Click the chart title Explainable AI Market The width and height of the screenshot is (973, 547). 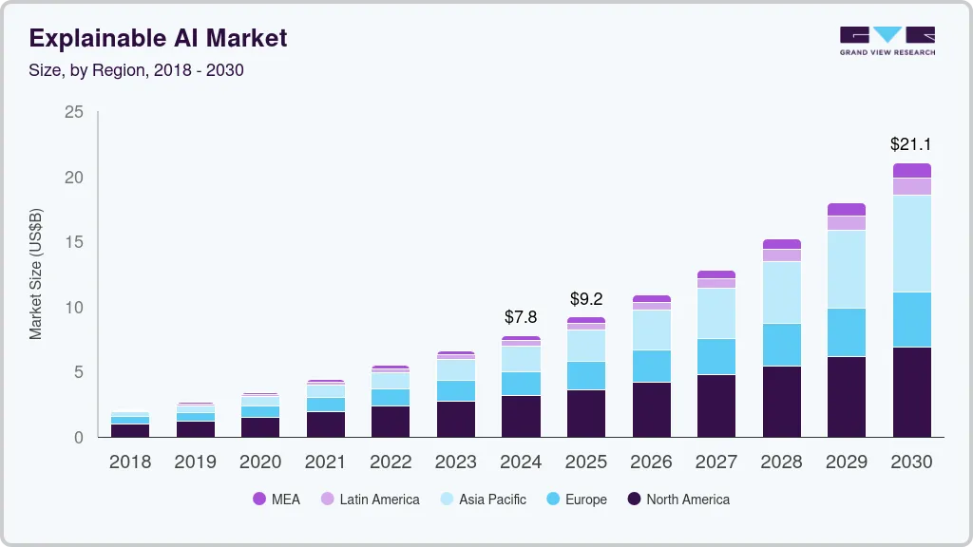pos(158,38)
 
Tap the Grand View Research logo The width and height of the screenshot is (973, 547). pos(887,41)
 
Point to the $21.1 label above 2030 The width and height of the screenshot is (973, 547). pos(910,144)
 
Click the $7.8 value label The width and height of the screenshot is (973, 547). pos(521,317)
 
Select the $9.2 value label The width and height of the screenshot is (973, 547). pos(586,299)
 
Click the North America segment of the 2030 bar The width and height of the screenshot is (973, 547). pos(911,391)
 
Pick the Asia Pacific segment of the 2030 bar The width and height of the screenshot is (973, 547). pos(911,243)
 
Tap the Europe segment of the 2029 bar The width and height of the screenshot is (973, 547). pos(846,332)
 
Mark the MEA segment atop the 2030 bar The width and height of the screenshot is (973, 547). pos(911,171)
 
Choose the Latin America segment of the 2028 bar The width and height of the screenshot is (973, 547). pos(781,255)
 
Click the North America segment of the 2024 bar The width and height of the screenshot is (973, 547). pos(521,416)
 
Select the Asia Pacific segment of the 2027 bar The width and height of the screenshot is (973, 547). pos(716,313)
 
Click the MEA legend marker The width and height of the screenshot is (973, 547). pos(259,499)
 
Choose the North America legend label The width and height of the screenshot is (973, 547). pos(687,499)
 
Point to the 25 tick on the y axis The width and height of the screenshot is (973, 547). pos(74,113)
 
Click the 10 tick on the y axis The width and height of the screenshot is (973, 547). pos(74,308)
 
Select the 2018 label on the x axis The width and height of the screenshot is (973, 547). pos(130,462)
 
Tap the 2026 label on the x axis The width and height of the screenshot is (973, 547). pos(651,462)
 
